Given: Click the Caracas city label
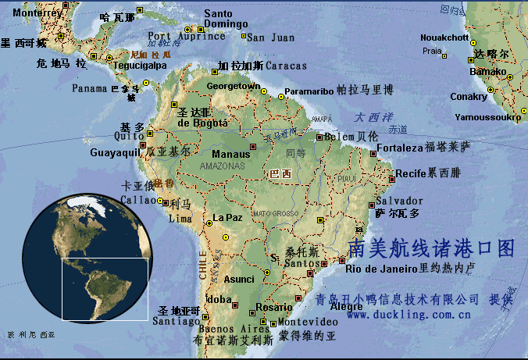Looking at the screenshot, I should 286,66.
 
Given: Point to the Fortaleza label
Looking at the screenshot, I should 399,148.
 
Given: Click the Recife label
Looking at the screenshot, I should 411,173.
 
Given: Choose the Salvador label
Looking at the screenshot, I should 399,201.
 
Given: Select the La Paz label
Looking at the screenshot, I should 227,217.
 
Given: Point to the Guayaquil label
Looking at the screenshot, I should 114,152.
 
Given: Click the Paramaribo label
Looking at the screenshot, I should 309,91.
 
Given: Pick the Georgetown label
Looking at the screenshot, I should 233,85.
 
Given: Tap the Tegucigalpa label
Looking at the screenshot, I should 140,66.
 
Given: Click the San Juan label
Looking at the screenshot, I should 271,37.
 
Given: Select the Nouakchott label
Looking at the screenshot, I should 444,37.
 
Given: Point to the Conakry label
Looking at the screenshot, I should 469,97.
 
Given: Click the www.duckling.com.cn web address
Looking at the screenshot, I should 408,315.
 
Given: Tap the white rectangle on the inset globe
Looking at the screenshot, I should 105,288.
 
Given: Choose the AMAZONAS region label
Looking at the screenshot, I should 222,166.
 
